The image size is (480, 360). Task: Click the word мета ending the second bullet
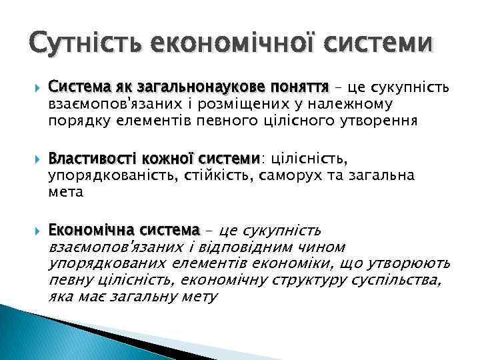(65, 193)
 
